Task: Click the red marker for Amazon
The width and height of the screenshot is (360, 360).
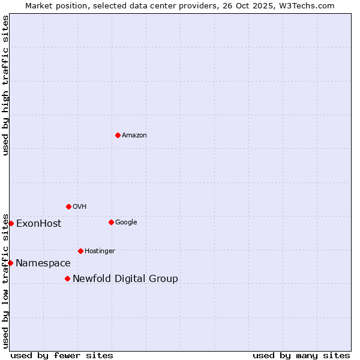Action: point(118,135)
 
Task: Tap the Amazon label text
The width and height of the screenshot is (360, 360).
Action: point(134,136)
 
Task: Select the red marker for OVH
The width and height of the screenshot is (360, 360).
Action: point(68,206)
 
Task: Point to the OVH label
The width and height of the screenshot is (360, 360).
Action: point(80,207)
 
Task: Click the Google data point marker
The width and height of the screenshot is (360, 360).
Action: point(111,222)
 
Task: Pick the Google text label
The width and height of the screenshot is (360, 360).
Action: point(126,223)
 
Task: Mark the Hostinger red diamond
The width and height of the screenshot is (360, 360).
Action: point(80,251)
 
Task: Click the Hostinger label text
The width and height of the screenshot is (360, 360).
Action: point(100,251)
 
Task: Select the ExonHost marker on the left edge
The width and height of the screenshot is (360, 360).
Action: point(11,223)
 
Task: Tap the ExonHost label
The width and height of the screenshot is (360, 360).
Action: point(38,224)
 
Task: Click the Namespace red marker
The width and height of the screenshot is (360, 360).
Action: point(10,263)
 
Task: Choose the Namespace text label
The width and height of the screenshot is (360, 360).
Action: point(43,263)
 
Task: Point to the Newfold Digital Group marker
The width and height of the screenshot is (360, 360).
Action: point(67,278)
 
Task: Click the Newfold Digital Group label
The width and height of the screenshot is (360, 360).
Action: point(125,279)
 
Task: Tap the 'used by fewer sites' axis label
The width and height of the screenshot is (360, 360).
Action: point(62,355)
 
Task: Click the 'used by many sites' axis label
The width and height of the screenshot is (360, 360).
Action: point(301,355)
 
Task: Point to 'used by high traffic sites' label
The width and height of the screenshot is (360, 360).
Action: point(5,85)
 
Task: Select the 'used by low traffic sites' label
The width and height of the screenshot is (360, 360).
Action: point(5,280)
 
